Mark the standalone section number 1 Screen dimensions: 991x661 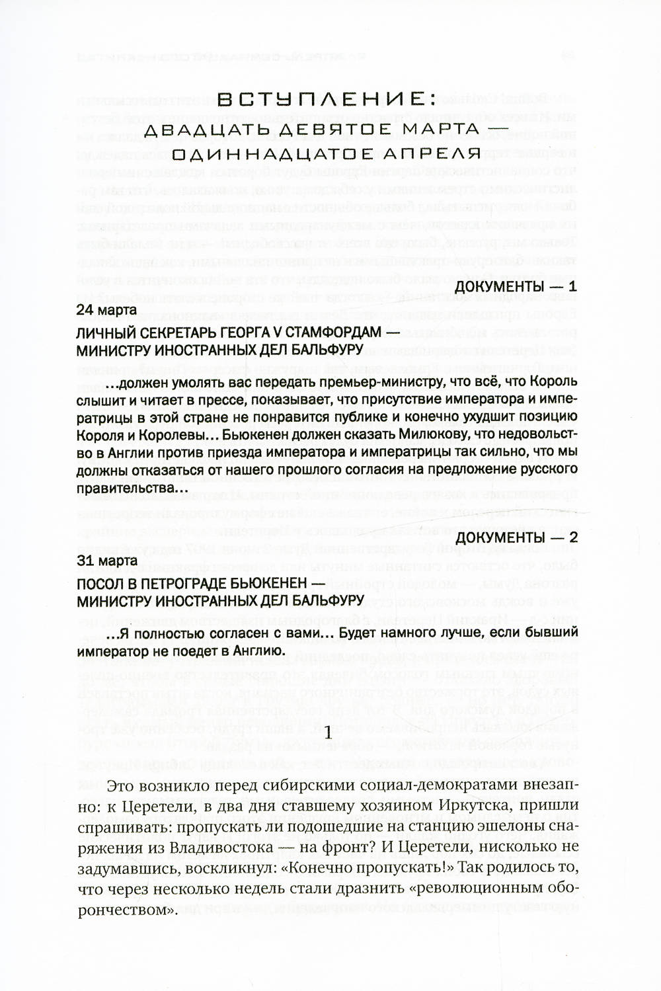[x=331, y=732]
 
